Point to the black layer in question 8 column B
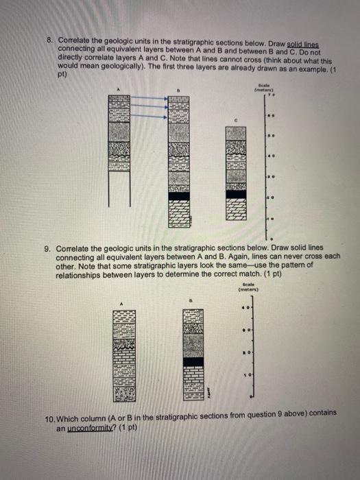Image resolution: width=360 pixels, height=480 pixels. (179, 195)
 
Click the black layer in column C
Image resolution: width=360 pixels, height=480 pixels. (236, 194)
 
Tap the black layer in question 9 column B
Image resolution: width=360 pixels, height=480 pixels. (193, 361)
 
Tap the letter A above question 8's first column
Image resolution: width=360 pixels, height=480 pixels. (119, 89)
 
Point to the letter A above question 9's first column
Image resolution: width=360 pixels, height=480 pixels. (122, 304)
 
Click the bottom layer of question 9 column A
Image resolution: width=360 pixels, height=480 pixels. (125, 394)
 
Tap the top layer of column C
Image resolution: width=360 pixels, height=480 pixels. (236, 132)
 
